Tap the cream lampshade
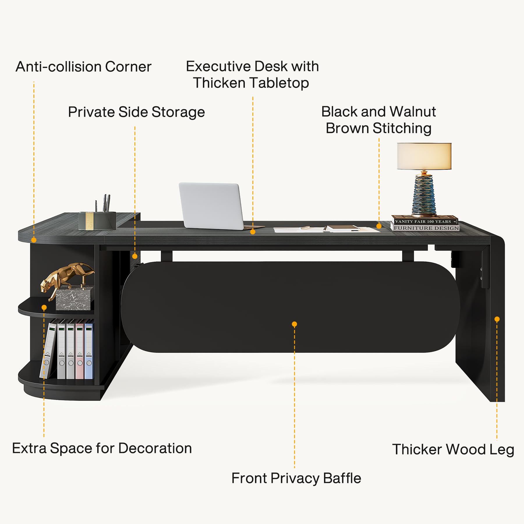424,156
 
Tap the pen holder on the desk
97,220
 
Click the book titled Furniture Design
425,228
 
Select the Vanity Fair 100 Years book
424,220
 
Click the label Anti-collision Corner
84,67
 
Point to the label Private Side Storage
137,112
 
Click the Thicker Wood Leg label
453,449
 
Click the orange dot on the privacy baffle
294,324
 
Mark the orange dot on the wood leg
497,319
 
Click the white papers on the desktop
326,229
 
